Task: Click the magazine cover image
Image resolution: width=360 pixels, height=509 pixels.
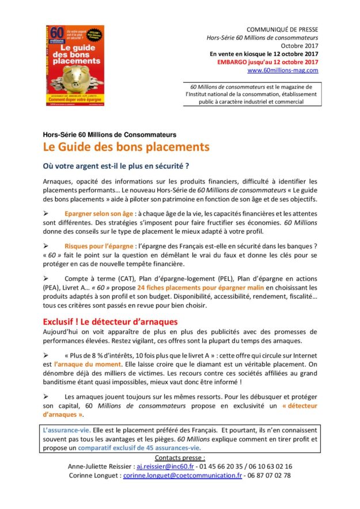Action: tap(75, 65)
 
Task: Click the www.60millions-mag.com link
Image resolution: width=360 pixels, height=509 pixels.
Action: tap(282, 70)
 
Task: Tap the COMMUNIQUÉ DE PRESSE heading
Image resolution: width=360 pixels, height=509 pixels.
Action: tap(282, 29)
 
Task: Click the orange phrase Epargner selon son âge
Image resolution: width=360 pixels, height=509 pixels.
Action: tap(93, 214)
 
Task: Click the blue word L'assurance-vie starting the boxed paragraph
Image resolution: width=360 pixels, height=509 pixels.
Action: tap(64, 430)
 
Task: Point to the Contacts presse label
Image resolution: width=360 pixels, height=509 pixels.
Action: tap(179, 457)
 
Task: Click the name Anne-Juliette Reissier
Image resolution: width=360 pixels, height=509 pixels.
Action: tap(102, 466)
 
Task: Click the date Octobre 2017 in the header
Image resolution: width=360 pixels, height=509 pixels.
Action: tap(299, 45)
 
